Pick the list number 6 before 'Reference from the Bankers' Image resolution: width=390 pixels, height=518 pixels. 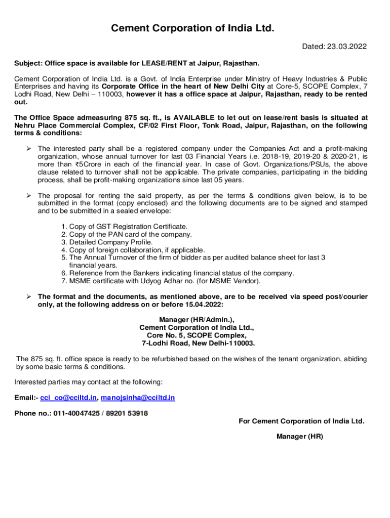(64, 273)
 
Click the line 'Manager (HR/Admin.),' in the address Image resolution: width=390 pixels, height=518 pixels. (197, 320)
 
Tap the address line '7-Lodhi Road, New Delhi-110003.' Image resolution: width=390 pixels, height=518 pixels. (198, 343)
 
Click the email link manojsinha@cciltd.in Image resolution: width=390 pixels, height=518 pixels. (138, 398)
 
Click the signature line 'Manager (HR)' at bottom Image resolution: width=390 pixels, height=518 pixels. (299, 436)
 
